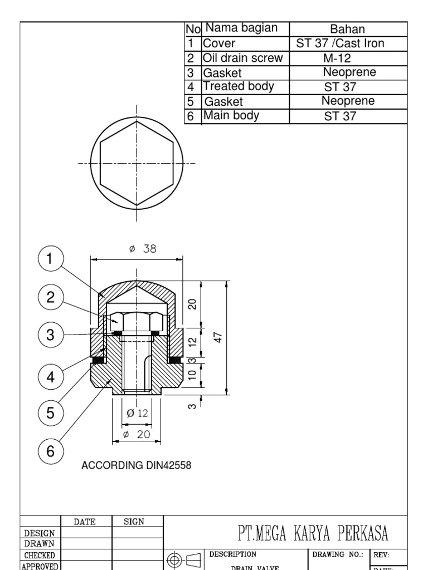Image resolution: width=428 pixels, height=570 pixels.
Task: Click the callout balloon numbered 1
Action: point(51,259)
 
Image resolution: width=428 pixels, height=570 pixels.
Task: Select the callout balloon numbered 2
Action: point(51,297)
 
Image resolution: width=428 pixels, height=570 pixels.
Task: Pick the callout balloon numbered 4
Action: point(51,377)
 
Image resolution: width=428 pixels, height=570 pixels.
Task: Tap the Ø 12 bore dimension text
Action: point(138,413)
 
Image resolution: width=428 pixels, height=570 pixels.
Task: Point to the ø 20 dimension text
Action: point(137,435)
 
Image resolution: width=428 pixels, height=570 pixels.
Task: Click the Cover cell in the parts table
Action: point(220,43)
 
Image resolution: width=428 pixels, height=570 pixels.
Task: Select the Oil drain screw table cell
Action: point(243,58)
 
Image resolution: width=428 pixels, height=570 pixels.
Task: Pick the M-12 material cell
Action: point(337,58)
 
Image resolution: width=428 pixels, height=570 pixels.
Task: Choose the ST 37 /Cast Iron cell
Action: point(340,43)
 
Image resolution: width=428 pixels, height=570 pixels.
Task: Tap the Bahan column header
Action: point(347,29)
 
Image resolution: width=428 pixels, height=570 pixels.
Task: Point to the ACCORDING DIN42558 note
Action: point(137,465)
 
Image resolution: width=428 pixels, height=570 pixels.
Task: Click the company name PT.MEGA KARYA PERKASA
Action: point(313,534)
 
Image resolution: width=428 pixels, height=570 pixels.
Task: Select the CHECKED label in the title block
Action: point(38,555)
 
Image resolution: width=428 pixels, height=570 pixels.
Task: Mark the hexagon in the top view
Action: point(137,163)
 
